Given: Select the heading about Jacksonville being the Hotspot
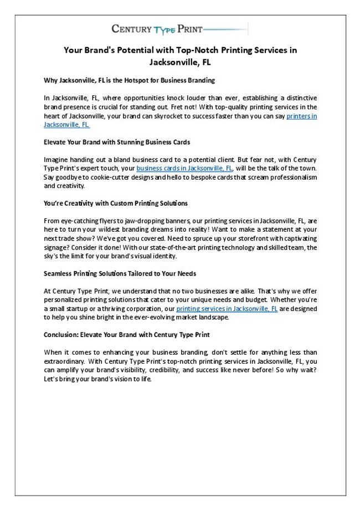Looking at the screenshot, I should click(129, 80).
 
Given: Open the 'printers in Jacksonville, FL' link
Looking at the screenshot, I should click(302, 116).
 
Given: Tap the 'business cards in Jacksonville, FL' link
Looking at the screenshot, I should click(184, 169).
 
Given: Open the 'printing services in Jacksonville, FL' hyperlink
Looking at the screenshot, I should click(227, 308).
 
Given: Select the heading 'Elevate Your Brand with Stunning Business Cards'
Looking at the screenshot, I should click(117, 142).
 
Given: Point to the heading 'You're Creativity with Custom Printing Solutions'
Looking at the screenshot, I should click(115, 203).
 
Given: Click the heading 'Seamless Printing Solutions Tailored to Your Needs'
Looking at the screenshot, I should click(120, 274).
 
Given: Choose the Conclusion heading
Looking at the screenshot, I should click(126, 335).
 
